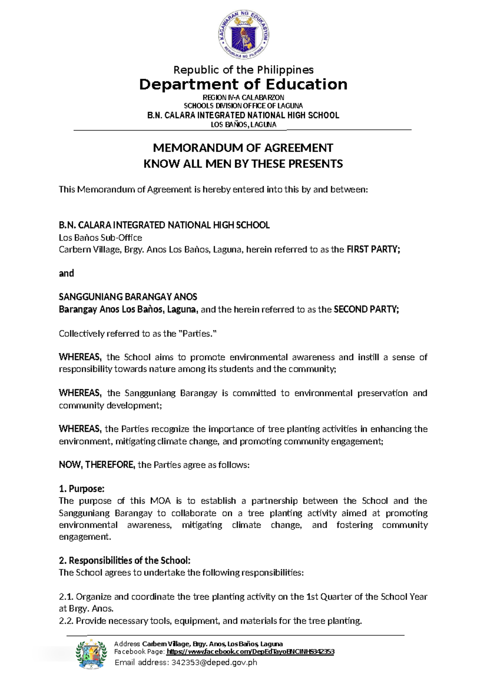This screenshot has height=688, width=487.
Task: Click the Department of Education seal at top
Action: [243, 35]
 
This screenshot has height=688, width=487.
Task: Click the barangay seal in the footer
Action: [92, 654]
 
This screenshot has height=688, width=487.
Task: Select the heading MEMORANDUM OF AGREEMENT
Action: [243, 148]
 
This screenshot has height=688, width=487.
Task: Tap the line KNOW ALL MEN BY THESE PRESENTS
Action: [243, 164]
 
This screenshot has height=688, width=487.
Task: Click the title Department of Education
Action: [243, 84]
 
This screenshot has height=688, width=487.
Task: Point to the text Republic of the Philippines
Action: [243, 70]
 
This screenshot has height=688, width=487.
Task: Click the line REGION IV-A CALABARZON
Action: [243, 97]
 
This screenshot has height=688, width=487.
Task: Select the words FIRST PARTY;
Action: [373, 249]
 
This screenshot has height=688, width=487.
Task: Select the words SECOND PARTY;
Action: [366, 310]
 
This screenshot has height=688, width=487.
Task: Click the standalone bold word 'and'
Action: [66, 273]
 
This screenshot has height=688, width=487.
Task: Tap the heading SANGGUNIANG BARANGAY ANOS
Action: [128, 297]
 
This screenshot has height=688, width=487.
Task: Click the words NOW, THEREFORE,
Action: [97, 465]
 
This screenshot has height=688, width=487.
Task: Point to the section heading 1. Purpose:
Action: [82, 489]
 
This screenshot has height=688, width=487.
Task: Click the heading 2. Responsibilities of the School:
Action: [125, 561]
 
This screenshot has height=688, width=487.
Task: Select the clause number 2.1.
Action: [66, 597]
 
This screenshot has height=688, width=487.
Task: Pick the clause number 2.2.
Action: [66, 621]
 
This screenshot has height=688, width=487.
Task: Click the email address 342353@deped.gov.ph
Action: [214, 662]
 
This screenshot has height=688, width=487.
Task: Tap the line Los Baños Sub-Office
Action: [100, 238]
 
